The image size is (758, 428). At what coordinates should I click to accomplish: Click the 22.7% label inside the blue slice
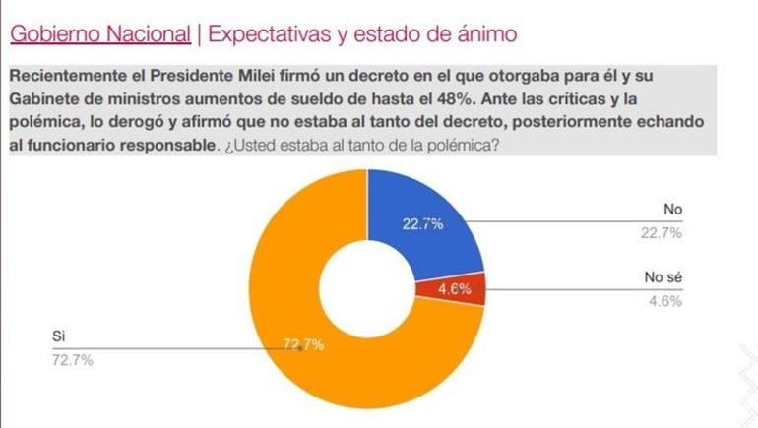pos(422,223)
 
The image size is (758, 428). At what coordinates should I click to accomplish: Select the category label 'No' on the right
pos(672,210)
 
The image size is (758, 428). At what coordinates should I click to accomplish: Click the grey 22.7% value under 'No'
pos(661,232)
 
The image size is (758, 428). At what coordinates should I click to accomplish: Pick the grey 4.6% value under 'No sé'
pos(664,301)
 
